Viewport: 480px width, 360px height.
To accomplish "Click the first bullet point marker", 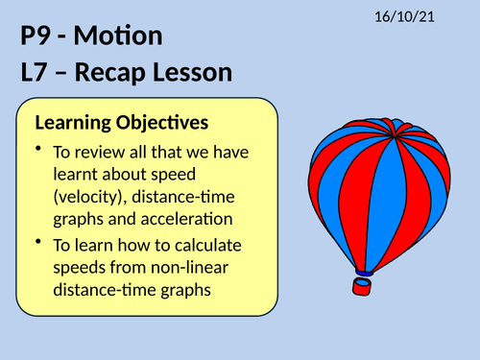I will [x=38, y=150].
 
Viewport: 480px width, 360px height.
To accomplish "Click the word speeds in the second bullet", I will [x=79, y=271].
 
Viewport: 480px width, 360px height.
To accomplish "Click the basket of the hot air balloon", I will [x=364, y=284].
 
